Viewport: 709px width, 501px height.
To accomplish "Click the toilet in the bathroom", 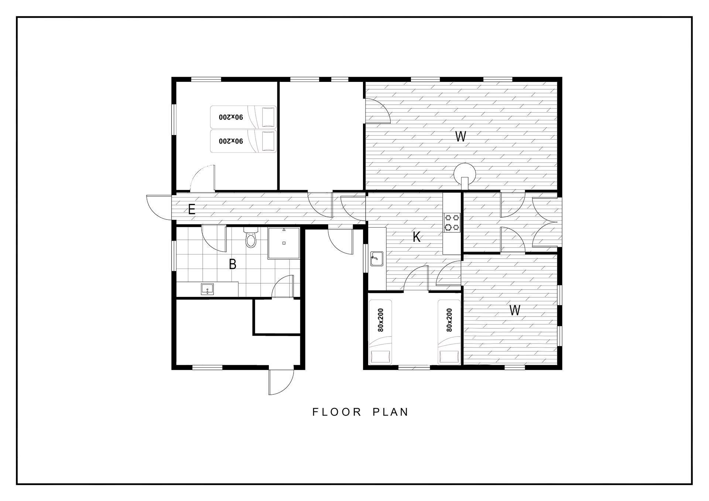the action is (x=251, y=237).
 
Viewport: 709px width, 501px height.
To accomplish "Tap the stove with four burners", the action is (x=452, y=222).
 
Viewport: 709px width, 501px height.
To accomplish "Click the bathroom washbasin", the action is (x=207, y=289).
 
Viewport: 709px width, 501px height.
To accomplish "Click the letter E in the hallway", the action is (x=191, y=210).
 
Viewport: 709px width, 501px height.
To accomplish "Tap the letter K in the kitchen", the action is (x=417, y=237).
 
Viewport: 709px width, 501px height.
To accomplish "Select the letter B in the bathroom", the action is (x=232, y=264).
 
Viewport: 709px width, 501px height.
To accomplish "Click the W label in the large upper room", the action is (x=460, y=137).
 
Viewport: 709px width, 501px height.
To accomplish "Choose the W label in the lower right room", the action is (x=515, y=310).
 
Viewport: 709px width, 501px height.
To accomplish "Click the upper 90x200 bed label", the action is (x=231, y=117).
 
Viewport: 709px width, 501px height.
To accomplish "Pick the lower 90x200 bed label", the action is (x=231, y=141).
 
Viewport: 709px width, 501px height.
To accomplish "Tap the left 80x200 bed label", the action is (x=381, y=320).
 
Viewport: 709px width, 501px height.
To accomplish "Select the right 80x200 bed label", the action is (x=449, y=320).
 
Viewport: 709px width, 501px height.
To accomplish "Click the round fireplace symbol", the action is (x=465, y=175).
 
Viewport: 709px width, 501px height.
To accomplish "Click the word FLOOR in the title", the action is (x=337, y=412).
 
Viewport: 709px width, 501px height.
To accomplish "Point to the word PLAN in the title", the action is (x=390, y=412).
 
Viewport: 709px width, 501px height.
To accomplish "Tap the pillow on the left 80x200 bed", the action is (x=381, y=357).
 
